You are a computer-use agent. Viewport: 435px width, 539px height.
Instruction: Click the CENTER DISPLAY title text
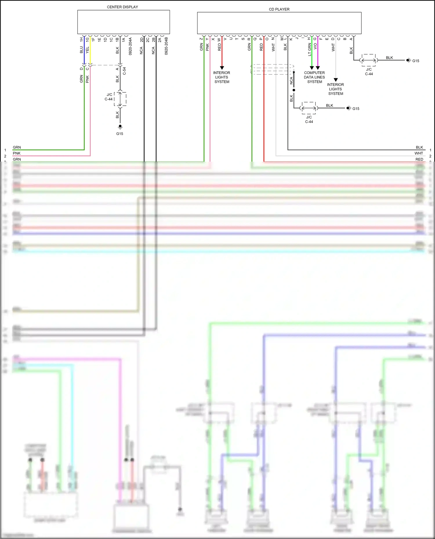122,7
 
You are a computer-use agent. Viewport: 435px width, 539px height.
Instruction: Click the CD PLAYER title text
279,9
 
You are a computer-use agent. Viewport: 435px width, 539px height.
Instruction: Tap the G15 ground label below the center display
119,134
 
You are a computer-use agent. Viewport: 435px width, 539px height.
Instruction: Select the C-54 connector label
124,71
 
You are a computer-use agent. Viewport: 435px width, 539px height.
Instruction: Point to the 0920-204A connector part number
130,46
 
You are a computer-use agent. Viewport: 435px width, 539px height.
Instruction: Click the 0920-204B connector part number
166,46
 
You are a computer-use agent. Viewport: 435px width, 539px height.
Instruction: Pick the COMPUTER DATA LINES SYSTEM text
314,77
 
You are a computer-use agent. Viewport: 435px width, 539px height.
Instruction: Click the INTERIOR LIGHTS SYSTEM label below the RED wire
222,77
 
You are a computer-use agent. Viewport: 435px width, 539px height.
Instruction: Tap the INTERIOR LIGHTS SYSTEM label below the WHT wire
336,89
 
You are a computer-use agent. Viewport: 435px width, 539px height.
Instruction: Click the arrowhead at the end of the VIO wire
318,68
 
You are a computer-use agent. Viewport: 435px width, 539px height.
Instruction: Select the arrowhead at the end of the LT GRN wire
312,68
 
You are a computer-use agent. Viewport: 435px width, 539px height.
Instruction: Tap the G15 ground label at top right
416,61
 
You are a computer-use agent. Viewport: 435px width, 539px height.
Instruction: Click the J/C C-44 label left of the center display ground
109,97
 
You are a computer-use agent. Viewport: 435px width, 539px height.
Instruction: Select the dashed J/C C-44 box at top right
369,60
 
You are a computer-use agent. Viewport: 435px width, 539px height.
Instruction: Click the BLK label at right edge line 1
419,147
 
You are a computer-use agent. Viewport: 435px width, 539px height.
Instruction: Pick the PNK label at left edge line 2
17,153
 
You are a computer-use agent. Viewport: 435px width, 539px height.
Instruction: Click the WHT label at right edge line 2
419,153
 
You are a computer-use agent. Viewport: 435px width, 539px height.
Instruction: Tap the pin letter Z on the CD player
201,39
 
